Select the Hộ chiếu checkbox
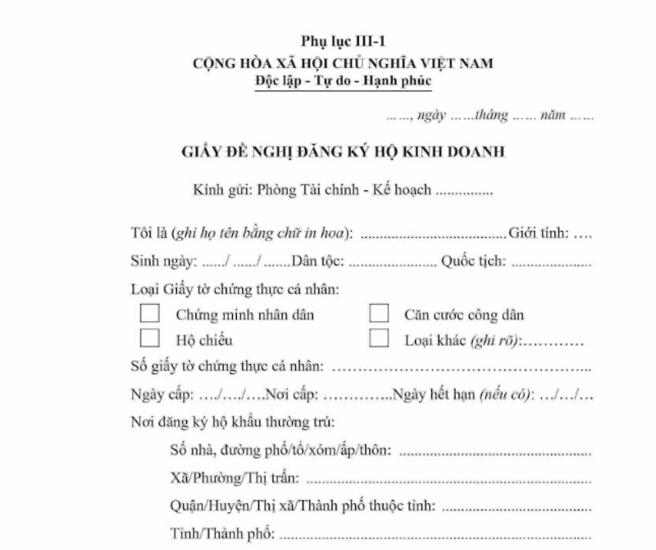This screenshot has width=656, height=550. tap(150, 338)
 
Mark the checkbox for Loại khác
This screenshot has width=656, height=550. tap(378, 338)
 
